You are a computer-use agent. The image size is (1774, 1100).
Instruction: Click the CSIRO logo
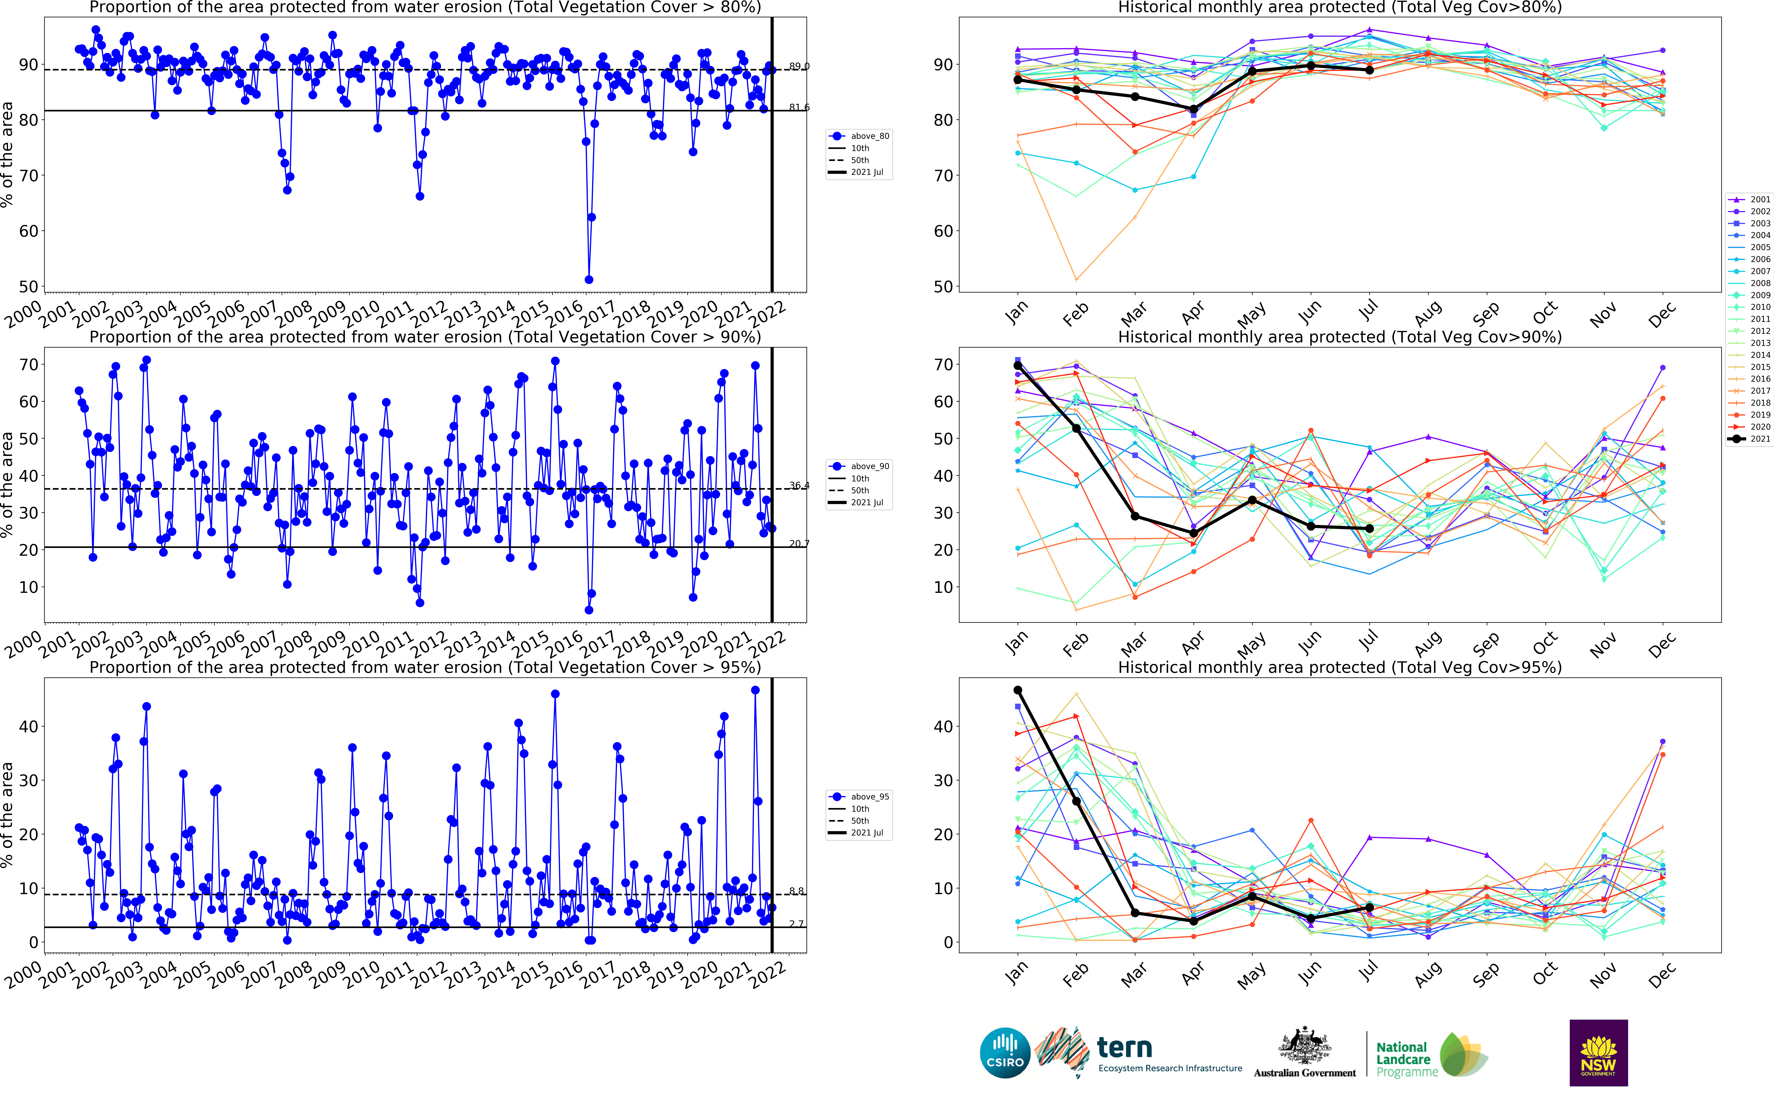pos(1005,1053)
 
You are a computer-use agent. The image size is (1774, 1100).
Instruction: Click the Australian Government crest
pos(1304,1046)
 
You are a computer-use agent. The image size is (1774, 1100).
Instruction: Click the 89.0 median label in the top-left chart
pos(799,66)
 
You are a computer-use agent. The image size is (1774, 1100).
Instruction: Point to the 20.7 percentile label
pos(799,544)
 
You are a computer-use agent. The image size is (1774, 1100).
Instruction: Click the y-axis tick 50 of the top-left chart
pos(28,287)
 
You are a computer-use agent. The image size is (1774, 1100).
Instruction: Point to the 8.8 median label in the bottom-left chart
pos(797,891)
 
